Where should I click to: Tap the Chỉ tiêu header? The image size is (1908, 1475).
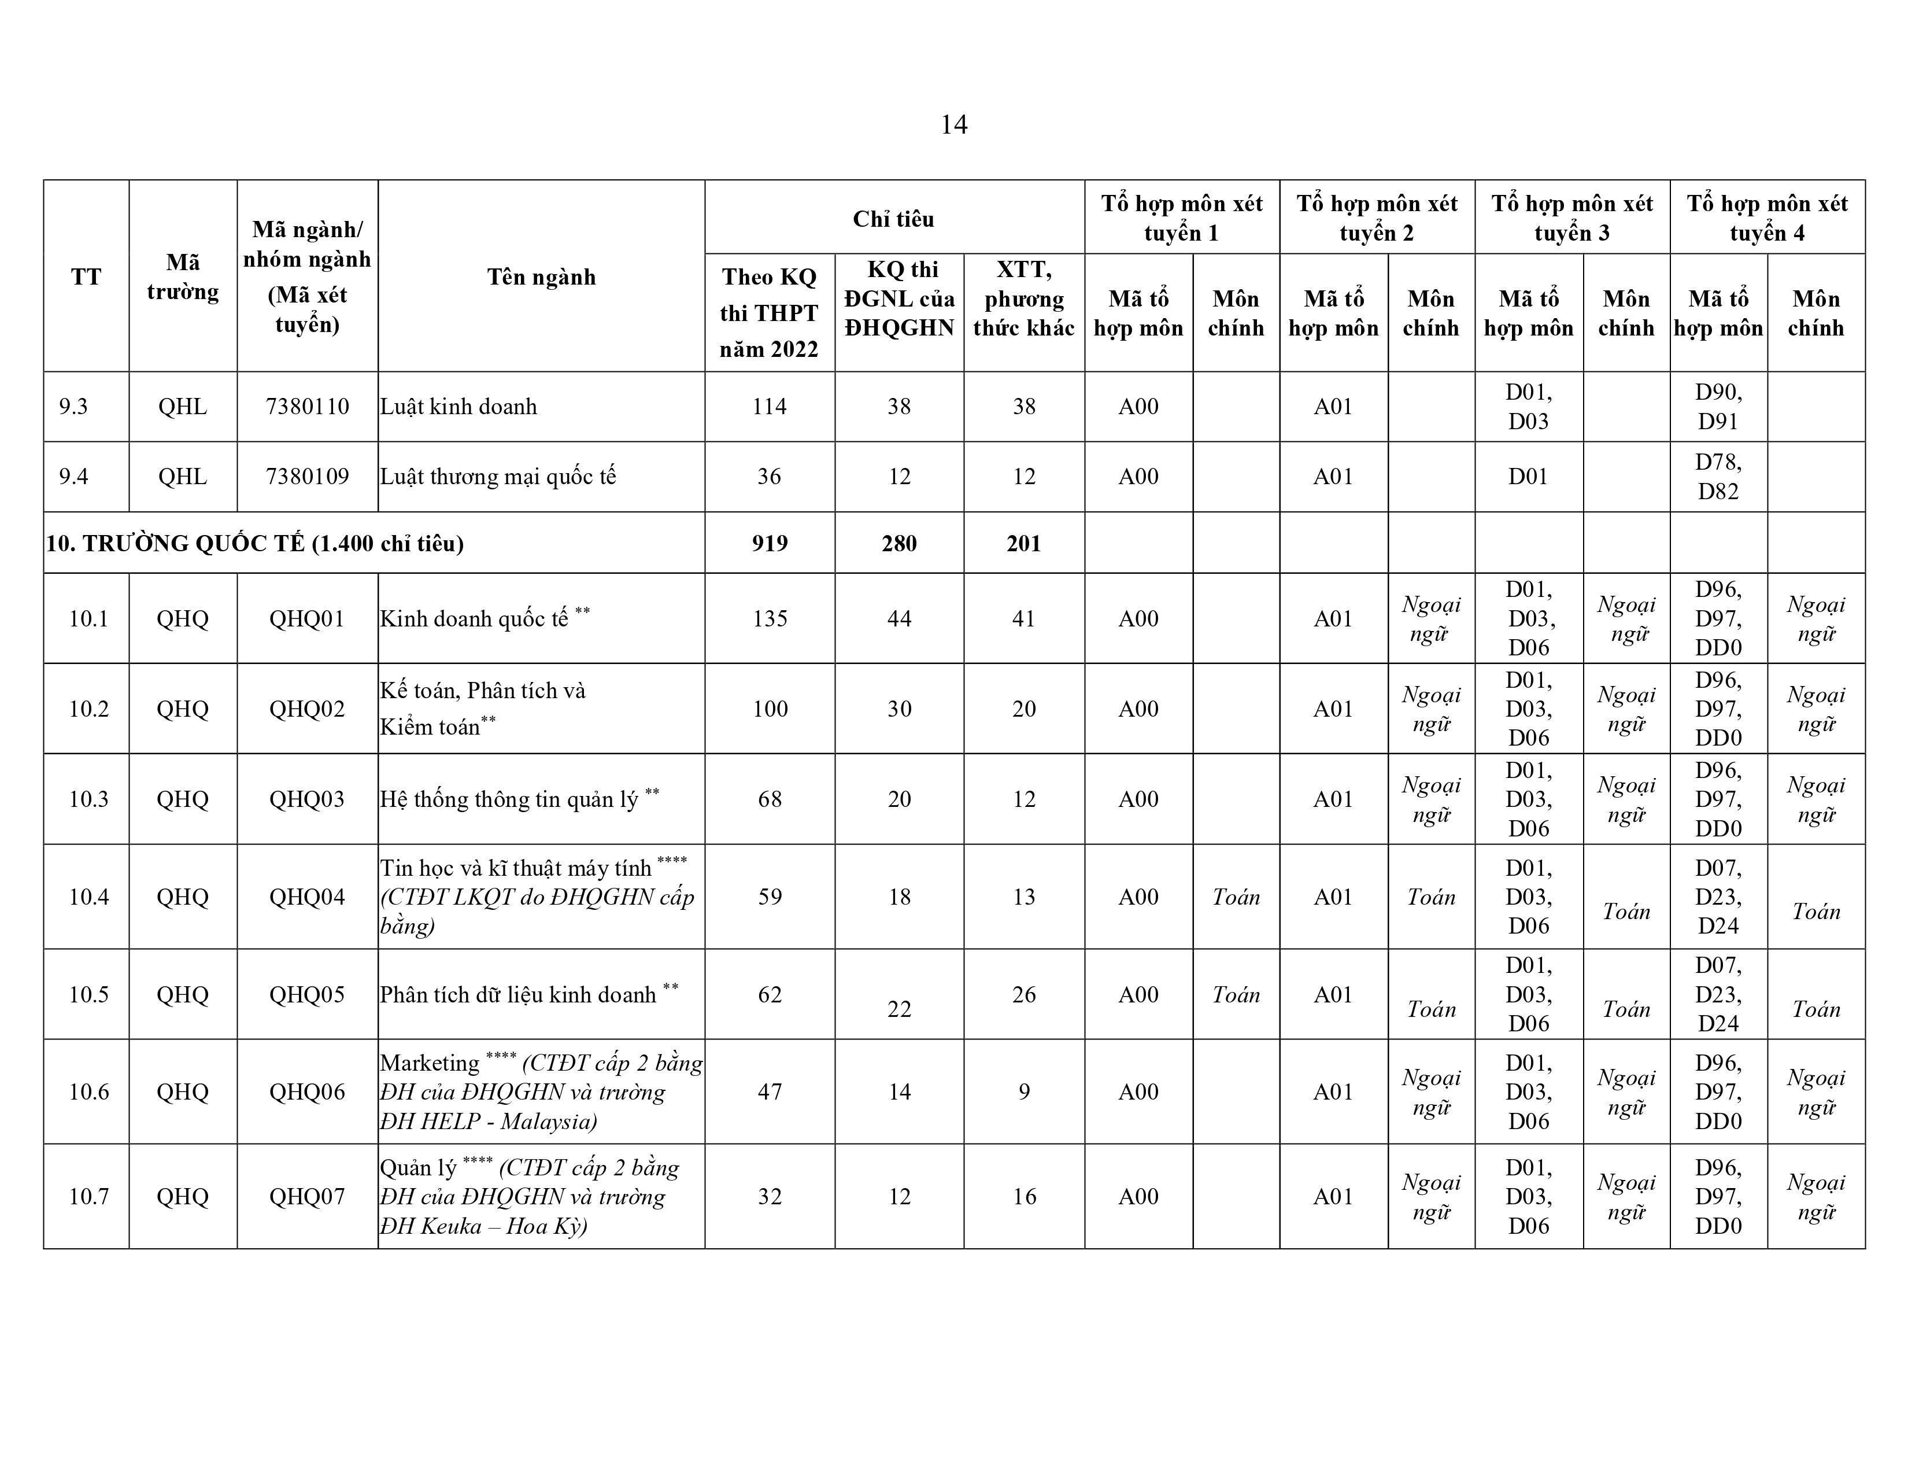click(894, 219)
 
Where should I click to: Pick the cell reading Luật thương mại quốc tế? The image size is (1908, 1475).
click(498, 476)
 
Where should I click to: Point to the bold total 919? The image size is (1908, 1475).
click(769, 544)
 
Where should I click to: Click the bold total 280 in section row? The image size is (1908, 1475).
click(899, 544)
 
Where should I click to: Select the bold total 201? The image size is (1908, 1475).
click(1024, 544)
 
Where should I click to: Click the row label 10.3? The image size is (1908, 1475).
click(88, 799)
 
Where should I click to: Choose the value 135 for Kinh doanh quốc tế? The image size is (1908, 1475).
click(769, 619)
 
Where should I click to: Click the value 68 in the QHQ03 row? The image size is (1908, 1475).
click(769, 799)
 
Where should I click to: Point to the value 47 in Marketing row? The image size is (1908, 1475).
click(769, 1091)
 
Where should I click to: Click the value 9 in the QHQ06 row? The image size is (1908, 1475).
click(1024, 1091)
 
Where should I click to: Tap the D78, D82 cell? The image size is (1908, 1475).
click(1718, 476)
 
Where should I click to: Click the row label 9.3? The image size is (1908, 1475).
click(73, 406)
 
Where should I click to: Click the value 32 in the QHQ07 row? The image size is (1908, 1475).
click(769, 1196)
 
